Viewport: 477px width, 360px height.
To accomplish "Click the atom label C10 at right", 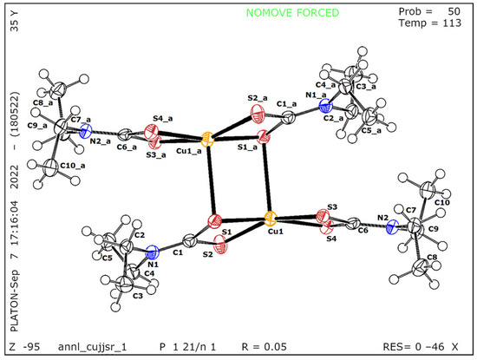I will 441,202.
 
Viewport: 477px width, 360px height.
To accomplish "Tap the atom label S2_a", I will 257,98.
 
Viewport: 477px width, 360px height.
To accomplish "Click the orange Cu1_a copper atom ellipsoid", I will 207,138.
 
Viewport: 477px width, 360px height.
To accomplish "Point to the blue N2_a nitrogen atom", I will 84,133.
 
